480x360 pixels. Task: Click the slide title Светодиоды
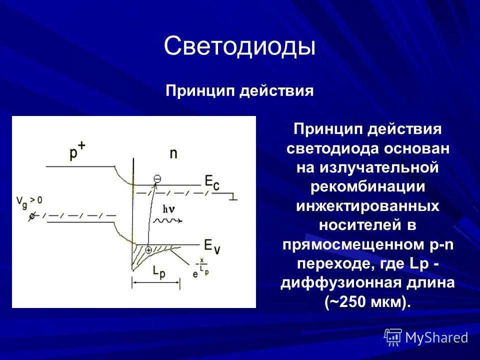pyautogui.click(x=239, y=46)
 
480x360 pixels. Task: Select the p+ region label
pyautogui.click(x=77, y=150)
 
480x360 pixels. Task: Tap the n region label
pyautogui.click(x=173, y=153)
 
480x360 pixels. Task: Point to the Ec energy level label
pyautogui.click(x=212, y=183)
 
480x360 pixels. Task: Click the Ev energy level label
pyautogui.click(x=212, y=246)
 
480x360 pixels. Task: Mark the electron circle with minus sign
pyautogui.click(x=157, y=178)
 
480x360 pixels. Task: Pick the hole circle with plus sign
pyautogui.click(x=148, y=250)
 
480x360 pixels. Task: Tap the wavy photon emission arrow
pyautogui.click(x=168, y=220)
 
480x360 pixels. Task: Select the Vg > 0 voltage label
pyautogui.click(x=29, y=202)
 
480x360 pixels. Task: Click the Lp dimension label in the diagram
pyautogui.click(x=159, y=272)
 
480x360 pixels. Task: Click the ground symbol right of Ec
pyautogui.click(x=233, y=196)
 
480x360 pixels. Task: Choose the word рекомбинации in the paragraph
pyautogui.click(x=367, y=186)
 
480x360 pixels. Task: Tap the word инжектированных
pyautogui.click(x=367, y=205)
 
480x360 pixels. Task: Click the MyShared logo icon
pyautogui.click(x=393, y=337)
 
